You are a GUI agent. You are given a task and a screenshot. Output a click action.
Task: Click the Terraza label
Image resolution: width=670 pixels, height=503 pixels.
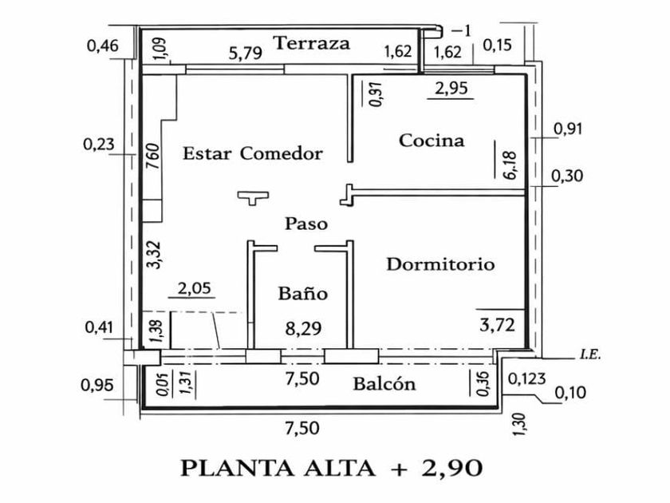coord(312,43)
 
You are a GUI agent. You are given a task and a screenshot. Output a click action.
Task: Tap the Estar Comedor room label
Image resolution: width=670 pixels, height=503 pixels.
coord(252,153)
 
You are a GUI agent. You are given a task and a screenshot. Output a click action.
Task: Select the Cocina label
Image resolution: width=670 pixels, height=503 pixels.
coord(432,141)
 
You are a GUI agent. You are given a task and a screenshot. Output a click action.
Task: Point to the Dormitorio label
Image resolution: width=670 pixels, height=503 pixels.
coord(440,264)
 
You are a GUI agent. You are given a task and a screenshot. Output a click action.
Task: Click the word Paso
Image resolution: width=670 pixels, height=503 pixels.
coord(306,224)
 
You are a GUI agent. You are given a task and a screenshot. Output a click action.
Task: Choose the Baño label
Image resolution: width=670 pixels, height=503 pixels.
coord(303,294)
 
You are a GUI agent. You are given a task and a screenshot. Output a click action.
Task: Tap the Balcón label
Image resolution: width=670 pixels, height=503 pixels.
coord(384,384)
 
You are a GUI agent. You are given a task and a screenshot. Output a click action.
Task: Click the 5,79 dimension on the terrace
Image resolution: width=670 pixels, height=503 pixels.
coord(246,54)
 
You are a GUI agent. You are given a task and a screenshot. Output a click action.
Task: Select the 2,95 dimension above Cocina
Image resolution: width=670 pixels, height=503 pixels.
coord(451,89)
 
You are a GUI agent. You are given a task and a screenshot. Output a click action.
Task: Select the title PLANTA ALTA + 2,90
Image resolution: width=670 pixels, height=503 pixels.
coord(331,467)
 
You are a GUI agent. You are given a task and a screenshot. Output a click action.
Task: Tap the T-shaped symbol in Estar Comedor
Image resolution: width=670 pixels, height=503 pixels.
coord(253,196)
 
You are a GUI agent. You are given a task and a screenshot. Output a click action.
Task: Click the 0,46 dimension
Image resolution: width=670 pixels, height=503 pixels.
coord(102,46)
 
